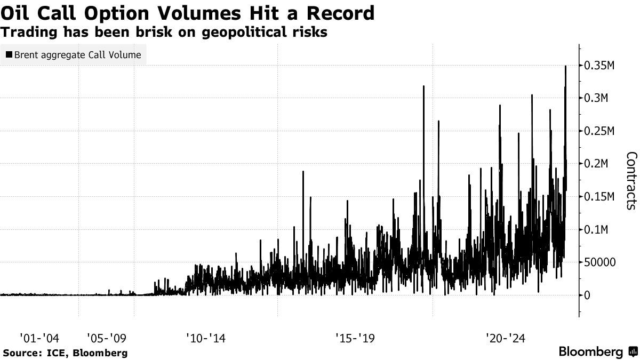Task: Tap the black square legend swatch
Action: click(x=9, y=54)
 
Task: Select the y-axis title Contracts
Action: click(x=631, y=180)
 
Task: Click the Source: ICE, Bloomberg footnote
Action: click(x=65, y=353)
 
